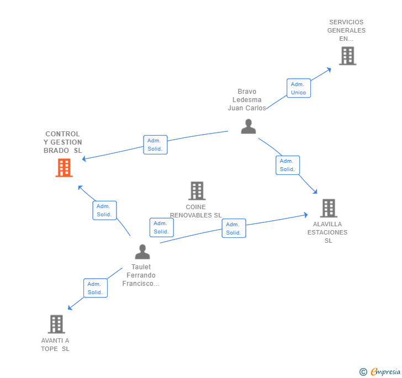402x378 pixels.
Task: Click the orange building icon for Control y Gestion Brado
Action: [64, 168]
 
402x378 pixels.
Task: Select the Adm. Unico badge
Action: [299, 88]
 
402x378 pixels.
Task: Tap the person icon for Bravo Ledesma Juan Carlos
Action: [248, 126]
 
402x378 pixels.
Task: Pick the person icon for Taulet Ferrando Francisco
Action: [142, 252]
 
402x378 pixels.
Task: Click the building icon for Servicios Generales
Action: [347, 56]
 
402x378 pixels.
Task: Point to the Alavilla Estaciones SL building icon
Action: [329, 208]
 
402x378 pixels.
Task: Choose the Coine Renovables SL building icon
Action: [197, 191]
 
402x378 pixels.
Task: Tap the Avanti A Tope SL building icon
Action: [56, 324]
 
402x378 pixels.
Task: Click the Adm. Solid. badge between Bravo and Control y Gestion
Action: [155, 145]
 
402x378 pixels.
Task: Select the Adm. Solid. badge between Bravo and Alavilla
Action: [288, 165]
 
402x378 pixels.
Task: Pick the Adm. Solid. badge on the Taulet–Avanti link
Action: [96, 288]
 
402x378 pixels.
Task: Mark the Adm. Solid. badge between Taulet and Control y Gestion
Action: [104, 210]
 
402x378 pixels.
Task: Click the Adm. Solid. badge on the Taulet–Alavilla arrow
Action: [234, 228]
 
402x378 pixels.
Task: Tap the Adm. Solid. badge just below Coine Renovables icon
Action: [161, 227]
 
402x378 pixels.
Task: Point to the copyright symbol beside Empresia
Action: [363, 372]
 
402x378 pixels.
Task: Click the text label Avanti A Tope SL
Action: [55, 344]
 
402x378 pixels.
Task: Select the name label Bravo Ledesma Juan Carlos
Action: [247, 100]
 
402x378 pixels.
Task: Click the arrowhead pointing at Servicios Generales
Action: [329, 69]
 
